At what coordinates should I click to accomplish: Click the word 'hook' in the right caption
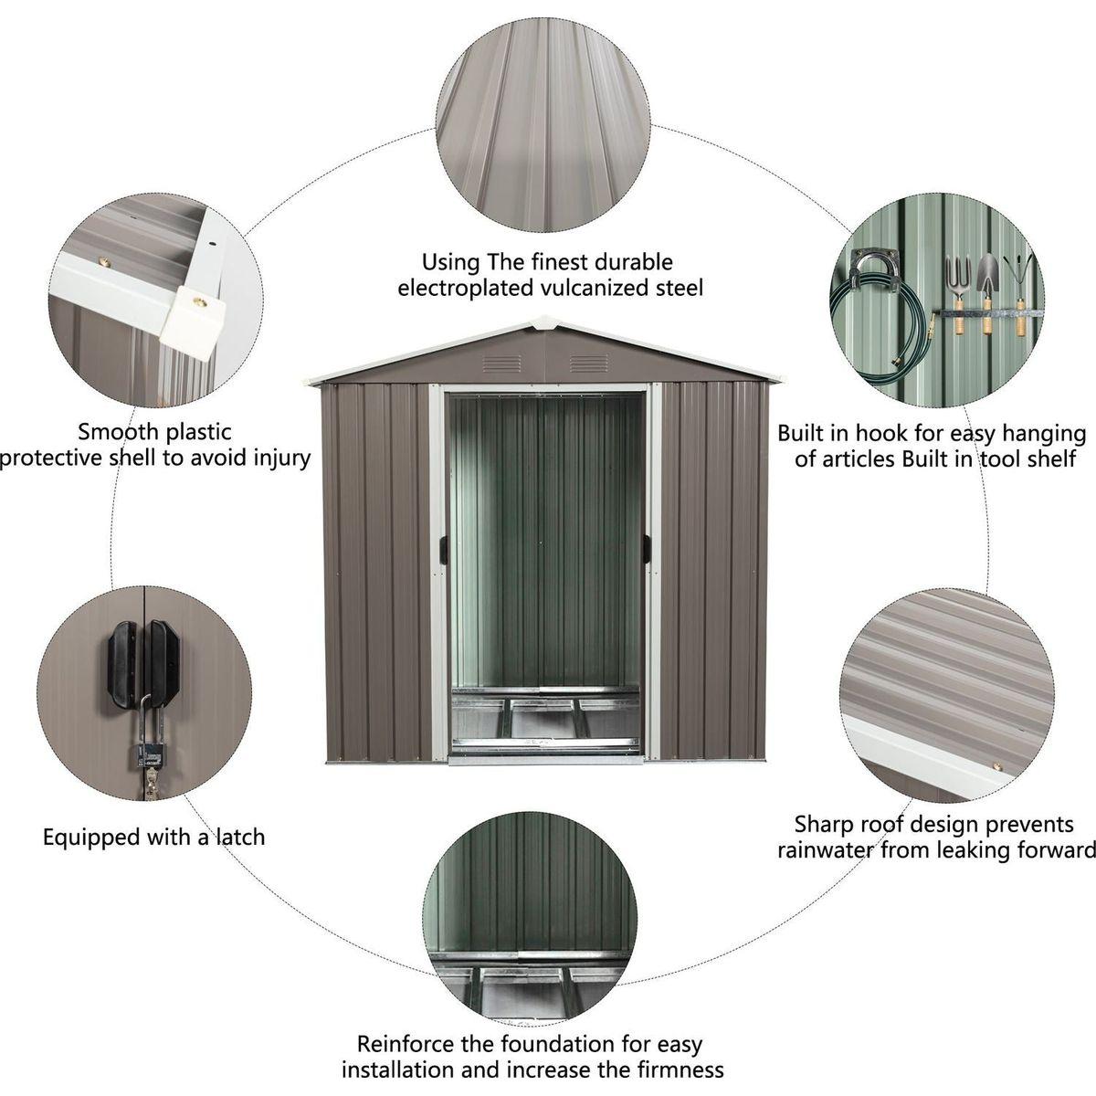point(881,432)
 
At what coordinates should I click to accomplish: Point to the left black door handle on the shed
point(444,549)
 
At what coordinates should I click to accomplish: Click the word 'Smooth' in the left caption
point(116,432)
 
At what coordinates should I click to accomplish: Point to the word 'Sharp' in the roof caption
point(824,825)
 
